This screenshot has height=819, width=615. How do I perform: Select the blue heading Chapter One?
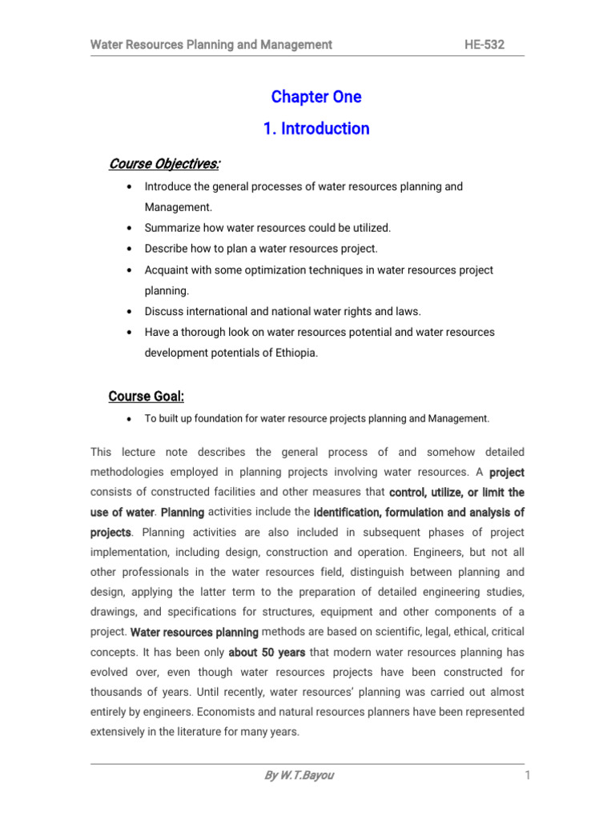pyautogui.click(x=316, y=97)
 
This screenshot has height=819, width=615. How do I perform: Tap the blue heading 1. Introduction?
pyautogui.click(x=316, y=129)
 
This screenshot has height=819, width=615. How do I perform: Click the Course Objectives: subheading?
pyautogui.click(x=164, y=164)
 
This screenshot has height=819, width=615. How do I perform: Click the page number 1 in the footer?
pyautogui.click(x=529, y=776)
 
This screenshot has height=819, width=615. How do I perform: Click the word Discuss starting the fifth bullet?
pyautogui.click(x=163, y=311)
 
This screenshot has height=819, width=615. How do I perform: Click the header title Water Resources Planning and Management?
pyautogui.click(x=211, y=45)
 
